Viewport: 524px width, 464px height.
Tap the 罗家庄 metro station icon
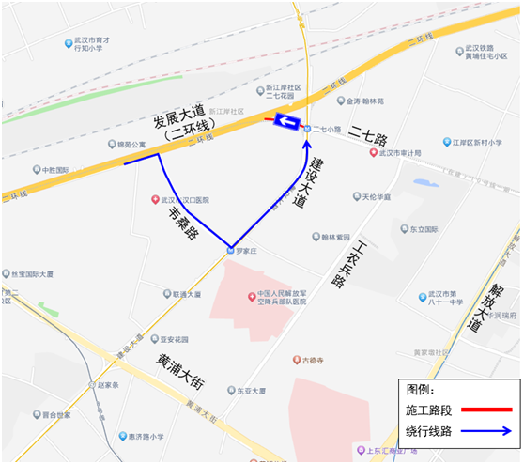click(230, 250)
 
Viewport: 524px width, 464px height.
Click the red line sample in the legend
click(485, 410)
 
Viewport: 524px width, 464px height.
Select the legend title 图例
click(420, 389)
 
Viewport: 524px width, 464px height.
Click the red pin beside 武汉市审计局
click(373, 153)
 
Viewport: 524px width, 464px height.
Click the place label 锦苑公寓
click(127, 146)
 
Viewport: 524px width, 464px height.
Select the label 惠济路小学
click(147, 436)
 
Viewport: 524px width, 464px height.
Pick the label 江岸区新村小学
click(479, 143)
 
